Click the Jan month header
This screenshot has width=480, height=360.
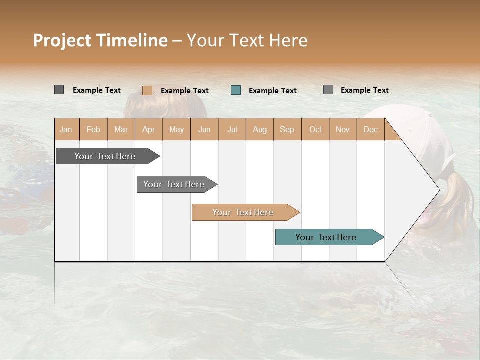click(x=66, y=129)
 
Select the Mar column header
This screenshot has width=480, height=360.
click(x=121, y=129)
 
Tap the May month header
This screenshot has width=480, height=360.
click(x=176, y=129)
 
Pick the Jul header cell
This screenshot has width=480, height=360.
click(x=232, y=129)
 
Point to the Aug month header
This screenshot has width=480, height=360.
click(x=259, y=129)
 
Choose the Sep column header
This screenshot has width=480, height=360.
click(x=287, y=129)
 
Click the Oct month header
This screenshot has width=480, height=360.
click(x=315, y=129)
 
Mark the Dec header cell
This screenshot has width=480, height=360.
click(x=370, y=129)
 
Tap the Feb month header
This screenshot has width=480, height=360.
click(x=93, y=129)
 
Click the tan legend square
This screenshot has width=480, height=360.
click(x=147, y=90)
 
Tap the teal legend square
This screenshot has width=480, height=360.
click(x=236, y=90)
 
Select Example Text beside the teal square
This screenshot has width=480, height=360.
click(x=272, y=91)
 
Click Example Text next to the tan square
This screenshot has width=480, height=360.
click(x=184, y=91)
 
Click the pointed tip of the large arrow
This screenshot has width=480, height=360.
click(x=438, y=189)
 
